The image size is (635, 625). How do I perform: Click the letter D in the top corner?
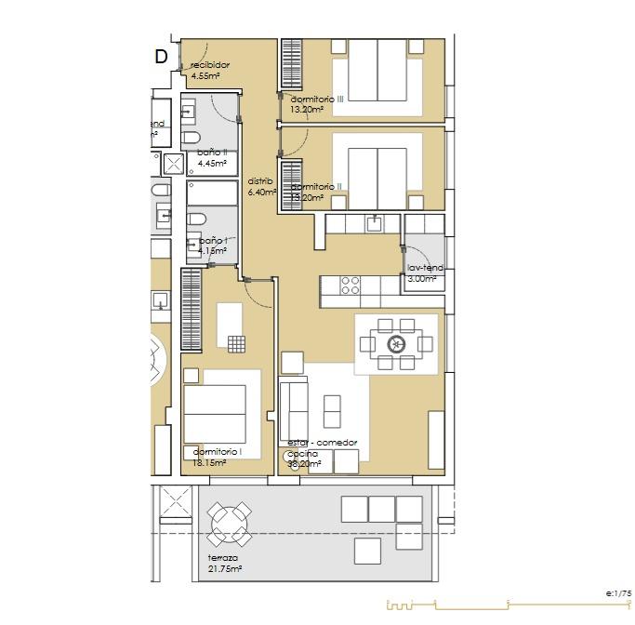pyautogui.click(x=161, y=57)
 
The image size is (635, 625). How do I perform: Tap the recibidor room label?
pyautogui.click(x=209, y=65)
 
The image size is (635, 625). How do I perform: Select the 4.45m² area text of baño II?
pyautogui.click(x=213, y=164)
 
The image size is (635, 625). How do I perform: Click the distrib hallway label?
pyautogui.click(x=260, y=181)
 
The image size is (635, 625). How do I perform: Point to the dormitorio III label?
pyautogui.click(x=317, y=99)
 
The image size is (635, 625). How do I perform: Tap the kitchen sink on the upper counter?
pyautogui.click(x=374, y=222)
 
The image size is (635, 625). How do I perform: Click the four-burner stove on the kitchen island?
pyautogui.click(x=351, y=286)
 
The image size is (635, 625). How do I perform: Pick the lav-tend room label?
pyautogui.click(x=425, y=268)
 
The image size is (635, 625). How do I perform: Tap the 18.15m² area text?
pyautogui.click(x=206, y=461)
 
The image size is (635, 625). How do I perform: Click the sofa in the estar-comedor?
pyautogui.click(x=294, y=409)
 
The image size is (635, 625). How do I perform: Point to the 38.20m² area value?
pyautogui.click(x=304, y=463)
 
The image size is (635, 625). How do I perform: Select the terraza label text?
pyautogui.click(x=222, y=558)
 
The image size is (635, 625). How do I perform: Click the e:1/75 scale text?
pyautogui.click(x=618, y=593)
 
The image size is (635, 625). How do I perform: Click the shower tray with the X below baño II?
pyautogui.click(x=174, y=165)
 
